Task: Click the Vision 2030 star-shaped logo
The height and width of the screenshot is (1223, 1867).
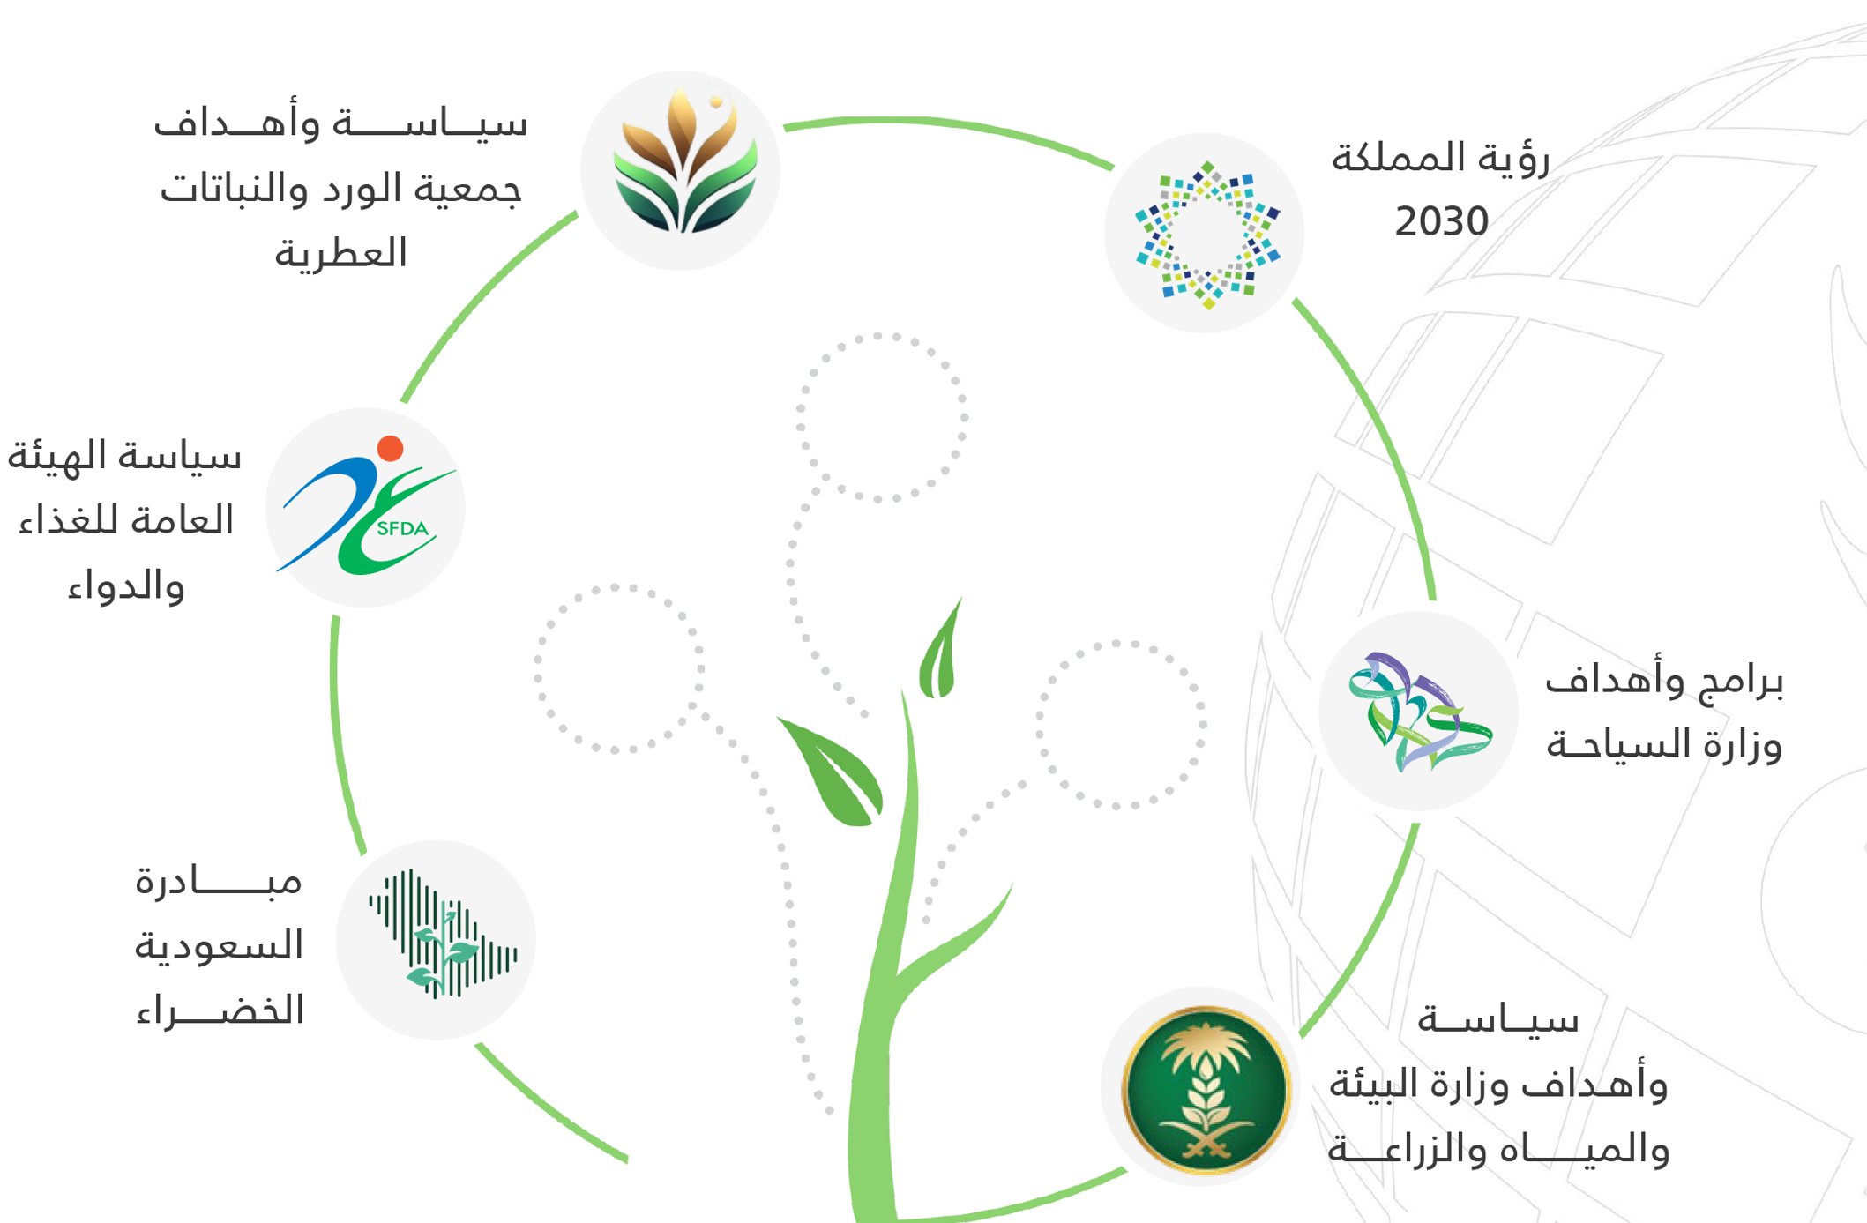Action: tap(1206, 235)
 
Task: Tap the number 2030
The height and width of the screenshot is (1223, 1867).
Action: tap(1441, 221)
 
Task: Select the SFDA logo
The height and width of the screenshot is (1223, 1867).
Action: tap(366, 506)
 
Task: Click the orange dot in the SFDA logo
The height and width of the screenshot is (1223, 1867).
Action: tap(390, 448)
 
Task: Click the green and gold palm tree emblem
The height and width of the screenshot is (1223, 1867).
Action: tap(1206, 1089)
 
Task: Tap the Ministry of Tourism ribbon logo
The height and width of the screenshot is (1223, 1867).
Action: tap(1418, 711)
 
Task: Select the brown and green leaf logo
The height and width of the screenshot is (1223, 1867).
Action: tap(685, 160)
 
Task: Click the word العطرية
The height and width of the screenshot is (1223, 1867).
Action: tap(340, 254)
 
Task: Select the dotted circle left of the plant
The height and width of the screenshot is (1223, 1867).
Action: tap(618, 668)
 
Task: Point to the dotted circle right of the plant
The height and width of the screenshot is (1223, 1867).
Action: tap(1121, 725)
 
